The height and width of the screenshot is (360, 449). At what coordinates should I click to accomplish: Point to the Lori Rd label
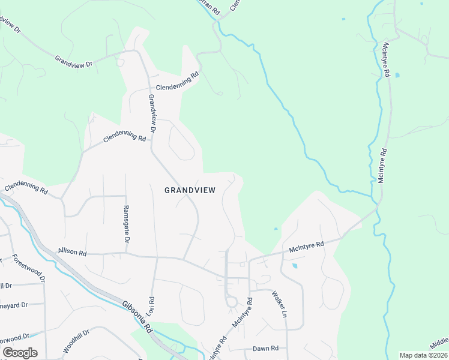pos(151,307)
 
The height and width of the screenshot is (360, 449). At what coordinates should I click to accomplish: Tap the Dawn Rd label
pos(265,349)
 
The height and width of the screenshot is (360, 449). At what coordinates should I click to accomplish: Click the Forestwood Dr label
pos(28,269)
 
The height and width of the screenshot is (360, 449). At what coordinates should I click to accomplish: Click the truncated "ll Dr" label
pos(6,286)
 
